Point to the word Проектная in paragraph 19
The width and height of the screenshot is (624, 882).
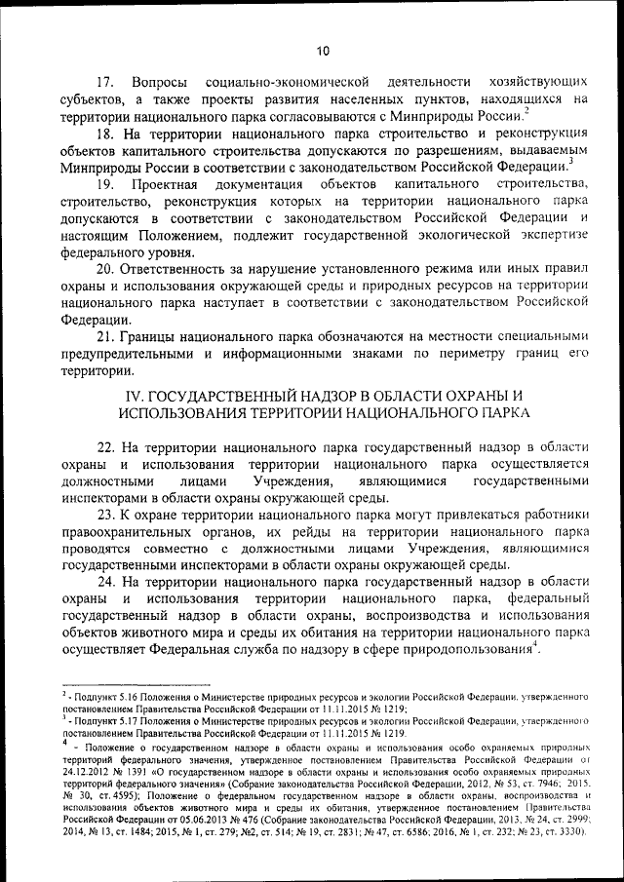pos(189,183)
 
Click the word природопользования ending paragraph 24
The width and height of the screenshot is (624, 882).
pos(468,650)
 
